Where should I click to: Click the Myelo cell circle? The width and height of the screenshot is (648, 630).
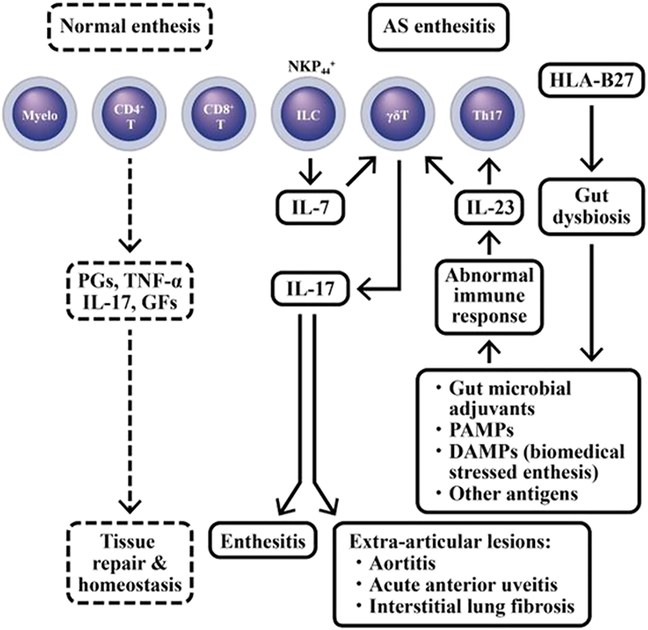(40, 114)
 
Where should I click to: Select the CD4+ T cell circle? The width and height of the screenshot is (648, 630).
(130, 114)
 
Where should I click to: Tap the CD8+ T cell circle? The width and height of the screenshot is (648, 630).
(219, 114)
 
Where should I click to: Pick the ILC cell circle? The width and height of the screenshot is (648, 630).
(308, 114)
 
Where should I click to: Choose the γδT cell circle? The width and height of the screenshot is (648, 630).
(397, 114)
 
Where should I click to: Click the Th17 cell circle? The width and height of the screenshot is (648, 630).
(487, 114)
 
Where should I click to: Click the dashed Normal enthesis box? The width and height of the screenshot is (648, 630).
(130, 26)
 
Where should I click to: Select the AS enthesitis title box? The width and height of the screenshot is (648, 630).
(438, 26)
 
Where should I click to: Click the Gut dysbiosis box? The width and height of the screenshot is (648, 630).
(591, 206)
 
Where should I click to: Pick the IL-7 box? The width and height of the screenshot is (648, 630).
(310, 207)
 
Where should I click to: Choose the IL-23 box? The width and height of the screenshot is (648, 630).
(490, 207)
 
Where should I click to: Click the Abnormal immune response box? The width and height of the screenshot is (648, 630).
(489, 296)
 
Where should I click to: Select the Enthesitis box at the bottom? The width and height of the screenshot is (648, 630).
(263, 542)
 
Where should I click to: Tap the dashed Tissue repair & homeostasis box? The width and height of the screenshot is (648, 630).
(130, 563)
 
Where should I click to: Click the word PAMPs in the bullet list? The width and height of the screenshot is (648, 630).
(481, 430)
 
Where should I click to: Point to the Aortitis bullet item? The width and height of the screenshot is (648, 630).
(402, 563)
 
